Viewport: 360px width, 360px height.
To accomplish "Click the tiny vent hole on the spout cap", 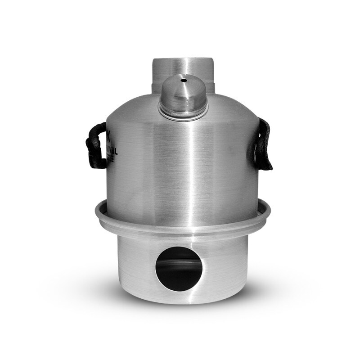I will pos(184,81).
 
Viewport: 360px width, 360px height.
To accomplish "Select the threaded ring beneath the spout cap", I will pos(184,111).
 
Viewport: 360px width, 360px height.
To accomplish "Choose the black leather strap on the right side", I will pos(264,144).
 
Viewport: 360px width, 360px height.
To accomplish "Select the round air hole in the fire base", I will pos(179,269).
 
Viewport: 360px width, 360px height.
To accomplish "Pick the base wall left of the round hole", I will pos(135,265).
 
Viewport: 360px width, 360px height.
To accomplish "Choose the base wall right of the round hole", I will pos(225,265).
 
